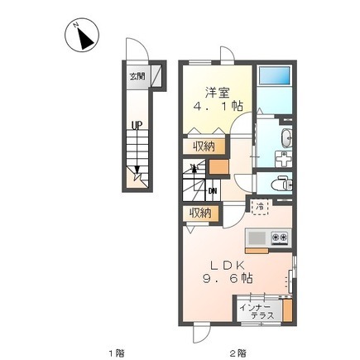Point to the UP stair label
coord(137,126)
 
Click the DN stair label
coord(213,190)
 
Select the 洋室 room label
coord(217,93)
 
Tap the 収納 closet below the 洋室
coord(204,146)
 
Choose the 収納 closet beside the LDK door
coord(200,213)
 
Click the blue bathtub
coord(275,75)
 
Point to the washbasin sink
coord(286,137)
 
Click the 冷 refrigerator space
coord(259,206)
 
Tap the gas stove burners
coord(280,237)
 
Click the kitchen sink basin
coord(257,238)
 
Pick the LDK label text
coord(228,266)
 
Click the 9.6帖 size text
coord(228,279)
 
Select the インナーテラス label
coord(257,311)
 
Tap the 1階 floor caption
coord(117,353)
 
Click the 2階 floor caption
coord(238,353)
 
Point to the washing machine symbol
coord(283,159)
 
